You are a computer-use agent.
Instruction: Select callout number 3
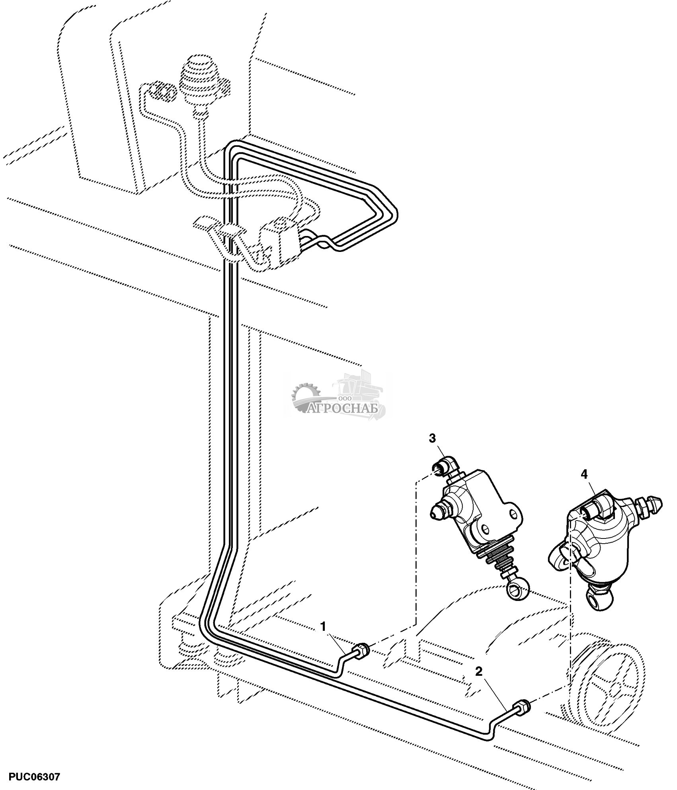(432, 438)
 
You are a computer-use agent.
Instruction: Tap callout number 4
(584, 474)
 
